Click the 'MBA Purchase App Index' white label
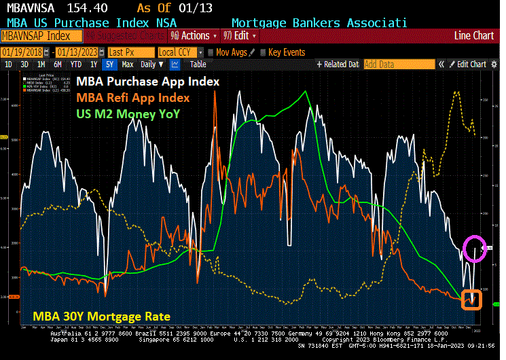[x=147, y=81]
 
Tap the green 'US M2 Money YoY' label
[x=128, y=113]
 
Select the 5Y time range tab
[x=109, y=65]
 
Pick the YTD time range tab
[x=76, y=65]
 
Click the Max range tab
[x=127, y=65]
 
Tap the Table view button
[x=198, y=65]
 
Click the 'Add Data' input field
[x=398, y=65]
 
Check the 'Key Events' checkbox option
[x=282, y=52]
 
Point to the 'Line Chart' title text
[x=474, y=35]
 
